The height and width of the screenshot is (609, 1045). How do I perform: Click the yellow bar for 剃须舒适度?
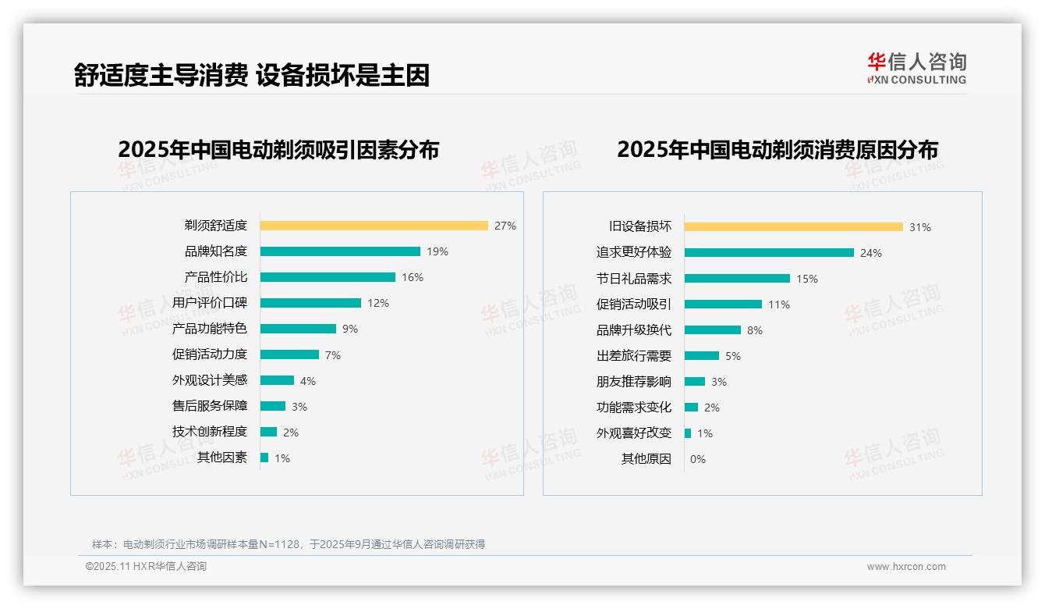click(x=374, y=226)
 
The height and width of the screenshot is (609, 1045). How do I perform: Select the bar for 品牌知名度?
click(x=340, y=251)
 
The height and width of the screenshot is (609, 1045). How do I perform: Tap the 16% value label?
click(x=413, y=277)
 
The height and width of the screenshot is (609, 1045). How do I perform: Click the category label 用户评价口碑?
click(x=209, y=303)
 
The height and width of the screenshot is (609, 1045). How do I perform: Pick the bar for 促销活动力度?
click(x=289, y=354)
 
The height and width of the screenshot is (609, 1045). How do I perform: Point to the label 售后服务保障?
click(x=209, y=406)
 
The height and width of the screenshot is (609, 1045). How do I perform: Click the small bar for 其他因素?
click(x=264, y=458)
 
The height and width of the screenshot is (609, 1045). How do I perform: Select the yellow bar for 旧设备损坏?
click(x=793, y=226)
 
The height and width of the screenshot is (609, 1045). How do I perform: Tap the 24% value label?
click(x=870, y=253)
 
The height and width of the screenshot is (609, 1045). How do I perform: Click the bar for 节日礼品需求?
click(x=737, y=278)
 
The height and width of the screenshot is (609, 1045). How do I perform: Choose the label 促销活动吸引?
click(x=633, y=304)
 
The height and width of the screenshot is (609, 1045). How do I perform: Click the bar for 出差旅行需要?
click(x=702, y=355)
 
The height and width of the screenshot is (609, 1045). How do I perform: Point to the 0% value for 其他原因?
click(x=697, y=459)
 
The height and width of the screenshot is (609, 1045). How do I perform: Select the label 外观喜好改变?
click(x=633, y=433)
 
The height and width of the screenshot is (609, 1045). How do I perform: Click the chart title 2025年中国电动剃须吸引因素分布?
click(x=278, y=149)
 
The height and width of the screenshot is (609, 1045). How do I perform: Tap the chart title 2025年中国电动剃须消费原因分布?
click(x=777, y=149)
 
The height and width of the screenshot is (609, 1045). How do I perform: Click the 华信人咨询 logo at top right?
click(x=916, y=68)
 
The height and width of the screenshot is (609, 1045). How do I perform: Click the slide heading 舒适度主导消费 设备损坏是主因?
click(x=251, y=75)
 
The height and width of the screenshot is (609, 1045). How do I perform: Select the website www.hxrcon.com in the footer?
click(x=905, y=567)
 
